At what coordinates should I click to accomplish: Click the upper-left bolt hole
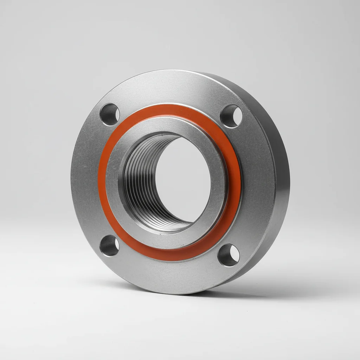110,114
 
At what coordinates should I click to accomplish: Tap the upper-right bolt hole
231,116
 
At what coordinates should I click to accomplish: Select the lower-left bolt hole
109,245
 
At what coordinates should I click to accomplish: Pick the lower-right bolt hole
229,255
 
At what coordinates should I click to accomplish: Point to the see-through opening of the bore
183,179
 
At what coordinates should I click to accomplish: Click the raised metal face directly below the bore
172,239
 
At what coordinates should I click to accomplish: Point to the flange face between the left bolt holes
86,179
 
